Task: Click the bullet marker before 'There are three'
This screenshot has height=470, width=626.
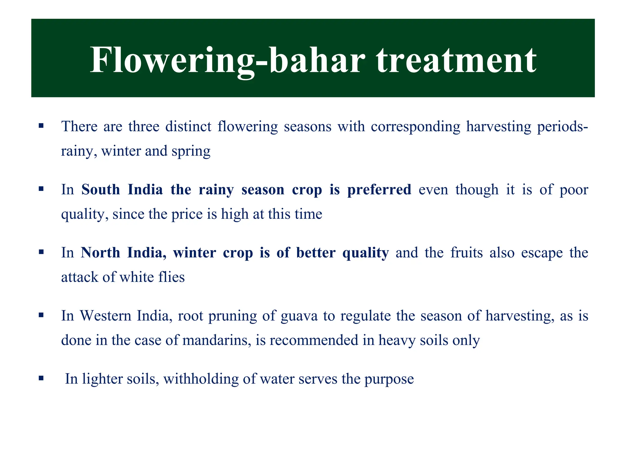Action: [x=41, y=126]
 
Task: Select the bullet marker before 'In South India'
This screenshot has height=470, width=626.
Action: [x=41, y=189]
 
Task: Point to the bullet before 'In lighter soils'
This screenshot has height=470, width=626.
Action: [x=41, y=378]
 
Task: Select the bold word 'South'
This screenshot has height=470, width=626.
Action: [x=101, y=189]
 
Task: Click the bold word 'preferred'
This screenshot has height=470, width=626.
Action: [x=379, y=189]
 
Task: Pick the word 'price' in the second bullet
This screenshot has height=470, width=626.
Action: [x=187, y=214]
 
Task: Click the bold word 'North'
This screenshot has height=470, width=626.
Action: [x=100, y=253]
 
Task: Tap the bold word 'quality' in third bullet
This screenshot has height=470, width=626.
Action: [x=366, y=253]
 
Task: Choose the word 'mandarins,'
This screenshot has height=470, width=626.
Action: [x=217, y=340]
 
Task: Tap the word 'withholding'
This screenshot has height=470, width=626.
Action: [x=201, y=379]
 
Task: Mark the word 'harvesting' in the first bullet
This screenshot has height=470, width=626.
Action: [x=499, y=126]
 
